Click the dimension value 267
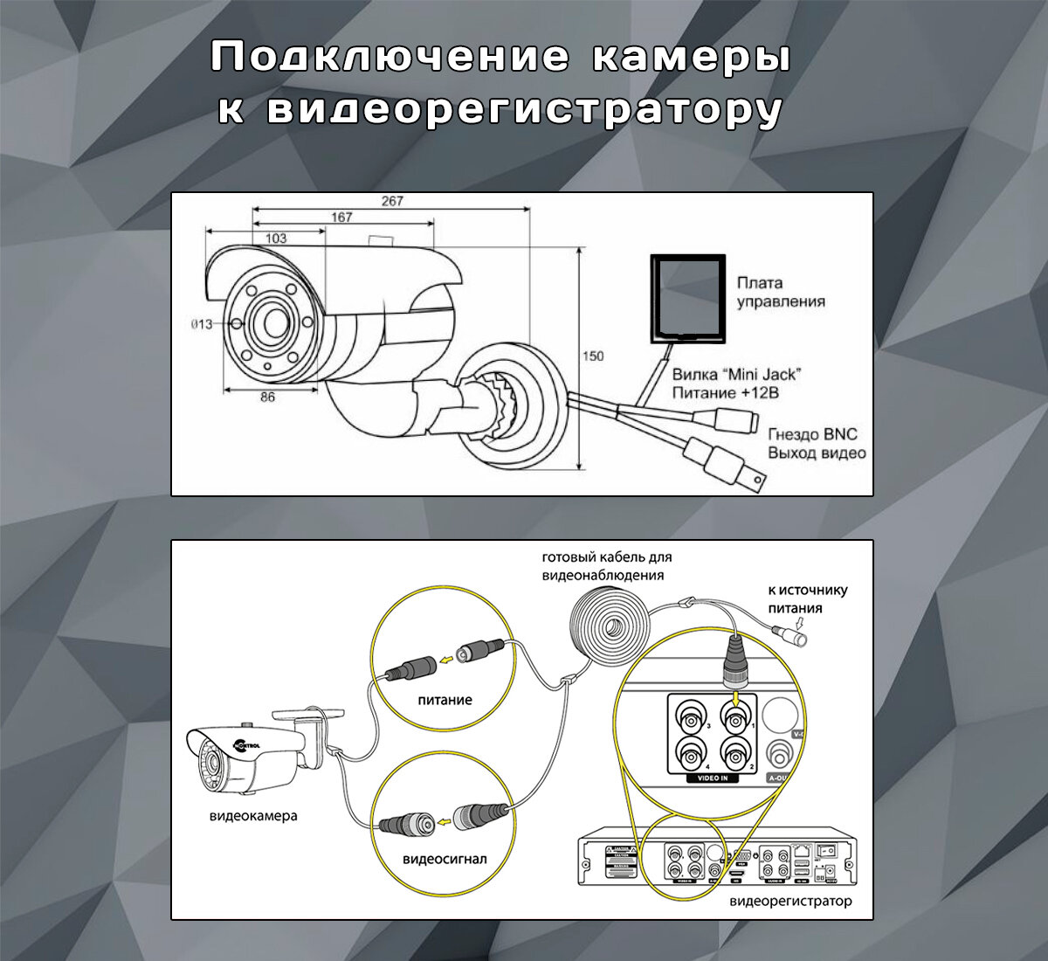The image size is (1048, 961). coord(392,201)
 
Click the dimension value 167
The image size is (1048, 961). coord(341,218)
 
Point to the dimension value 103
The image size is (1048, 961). coord(276,238)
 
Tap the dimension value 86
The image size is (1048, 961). coord(267,397)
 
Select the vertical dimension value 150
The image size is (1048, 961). coord(594,356)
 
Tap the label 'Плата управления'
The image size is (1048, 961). coord(780,292)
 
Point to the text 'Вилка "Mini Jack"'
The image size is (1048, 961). coord(736,375)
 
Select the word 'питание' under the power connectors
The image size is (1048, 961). coord(445,700)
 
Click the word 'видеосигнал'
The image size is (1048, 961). coord(445,859)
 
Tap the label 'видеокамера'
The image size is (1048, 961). coord(253,816)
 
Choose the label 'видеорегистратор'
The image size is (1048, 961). coord(790,901)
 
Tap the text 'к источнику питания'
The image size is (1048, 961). coord(807,598)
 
